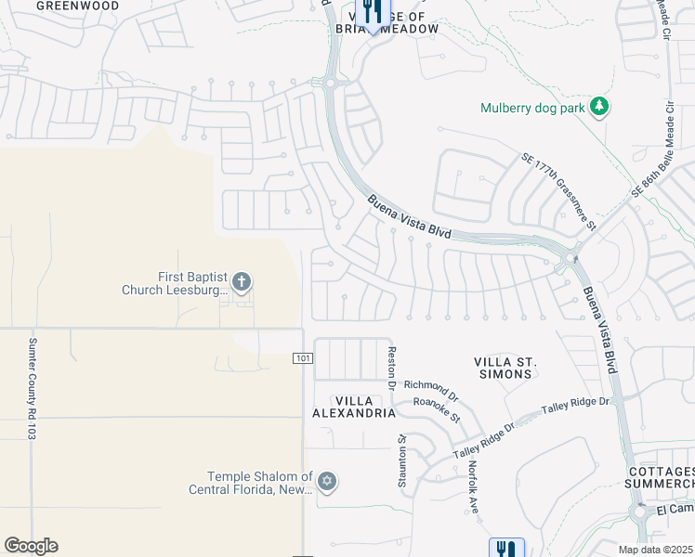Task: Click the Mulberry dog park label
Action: (532, 108)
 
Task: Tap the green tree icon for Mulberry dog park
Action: (599, 107)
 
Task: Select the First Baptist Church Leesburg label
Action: (176, 283)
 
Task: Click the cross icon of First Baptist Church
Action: (242, 281)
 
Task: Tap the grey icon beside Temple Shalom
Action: (326, 481)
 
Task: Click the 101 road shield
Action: (303, 358)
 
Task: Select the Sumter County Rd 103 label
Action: (32, 388)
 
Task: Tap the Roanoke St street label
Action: (437, 410)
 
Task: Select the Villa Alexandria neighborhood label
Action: (353, 407)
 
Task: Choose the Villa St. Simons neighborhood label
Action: (504, 368)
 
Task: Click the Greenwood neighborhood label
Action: (78, 6)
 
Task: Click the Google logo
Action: (31, 546)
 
